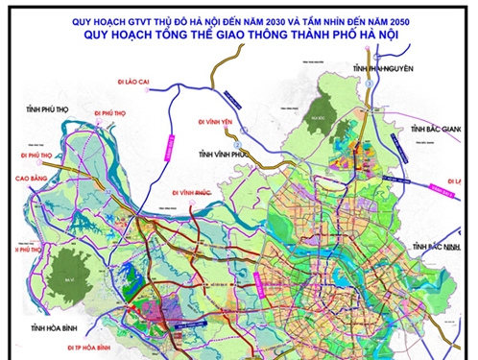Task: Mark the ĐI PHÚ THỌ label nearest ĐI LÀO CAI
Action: pos(114,112)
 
